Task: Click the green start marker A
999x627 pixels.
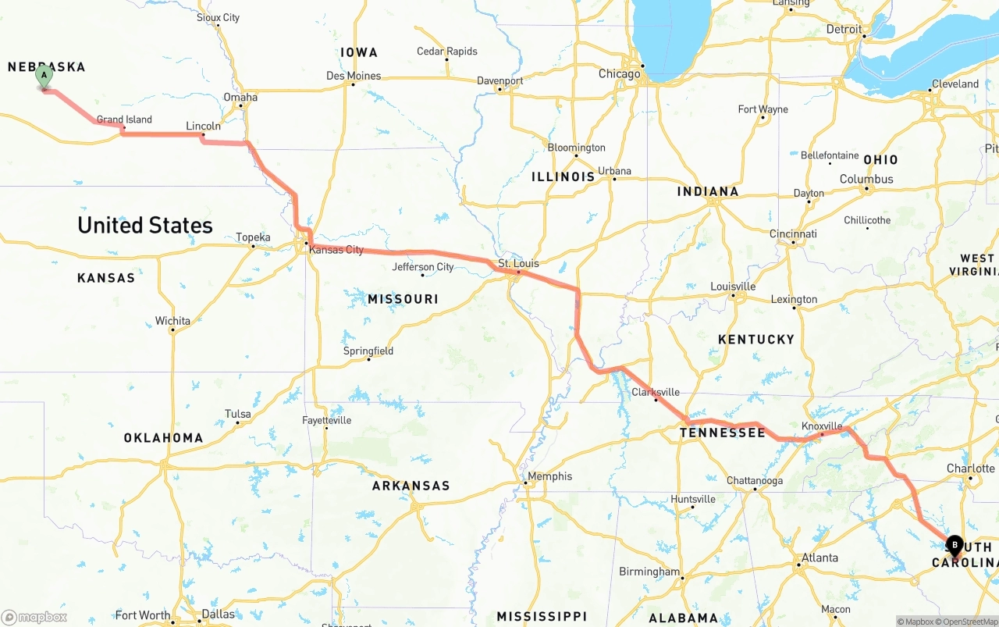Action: pyautogui.click(x=44, y=77)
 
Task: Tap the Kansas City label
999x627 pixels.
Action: pyautogui.click(x=336, y=250)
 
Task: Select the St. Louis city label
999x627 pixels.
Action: pyautogui.click(x=518, y=264)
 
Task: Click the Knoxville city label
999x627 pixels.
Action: pyautogui.click(x=822, y=426)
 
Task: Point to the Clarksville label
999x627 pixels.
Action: pyautogui.click(x=656, y=392)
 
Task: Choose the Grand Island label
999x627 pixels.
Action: pyautogui.click(x=124, y=119)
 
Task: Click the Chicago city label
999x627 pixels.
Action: pyautogui.click(x=619, y=74)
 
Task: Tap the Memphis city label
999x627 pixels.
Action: pyautogui.click(x=549, y=476)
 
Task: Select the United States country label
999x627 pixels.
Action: pyautogui.click(x=145, y=226)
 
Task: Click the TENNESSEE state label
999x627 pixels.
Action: pyautogui.click(x=722, y=433)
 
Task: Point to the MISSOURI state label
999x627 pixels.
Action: pyautogui.click(x=403, y=299)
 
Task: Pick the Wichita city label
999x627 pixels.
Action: pyautogui.click(x=172, y=321)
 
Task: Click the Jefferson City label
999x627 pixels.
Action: pyautogui.click(x=423, y=267)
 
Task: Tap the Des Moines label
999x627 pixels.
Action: pyautogui.click(x=354, y=76)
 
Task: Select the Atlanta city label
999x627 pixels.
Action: pyautogui.click(x=819, y=558)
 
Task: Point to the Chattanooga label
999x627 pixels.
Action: pyautogui.click(x=754, y=481)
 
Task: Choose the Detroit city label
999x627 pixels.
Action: pyautogui.click(x=844, y=30)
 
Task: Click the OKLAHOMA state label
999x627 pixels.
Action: pyautogui.click(x=163, y=438)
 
